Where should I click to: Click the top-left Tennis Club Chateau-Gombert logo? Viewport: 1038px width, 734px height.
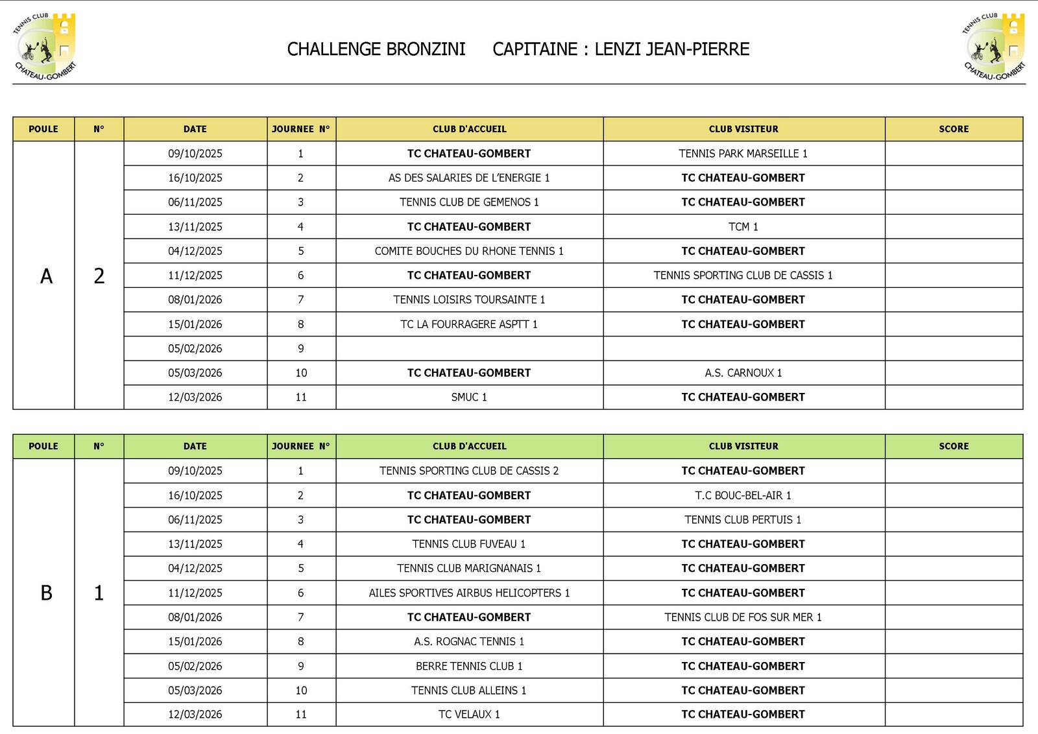pyautogui.click(x=44, y=47)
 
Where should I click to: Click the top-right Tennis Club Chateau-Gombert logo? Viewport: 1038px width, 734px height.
pyautogui.click(x=993, y=47)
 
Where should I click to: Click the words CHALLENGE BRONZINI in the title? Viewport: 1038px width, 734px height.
pyautogui.click(x=376, y=49)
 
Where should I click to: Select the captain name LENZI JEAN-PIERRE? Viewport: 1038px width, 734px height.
pyautogui.click(x=671, y=49)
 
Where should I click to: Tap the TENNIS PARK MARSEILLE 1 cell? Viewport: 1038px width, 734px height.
pyautogui.click(x=743, y=154)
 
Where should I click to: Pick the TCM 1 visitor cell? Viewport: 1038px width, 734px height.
pyautogui.click(x=743, y=227)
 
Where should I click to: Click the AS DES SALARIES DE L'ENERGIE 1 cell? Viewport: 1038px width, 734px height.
pyautogui.click(x=469, y=178)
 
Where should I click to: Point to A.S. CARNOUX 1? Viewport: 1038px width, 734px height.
pyautogui.click(x=743, y=373)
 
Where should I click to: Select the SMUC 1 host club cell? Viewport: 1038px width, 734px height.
pyautogui.click(x=469, y=397)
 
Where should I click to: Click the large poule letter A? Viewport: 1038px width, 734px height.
pyautogui.click(x=46, y=276)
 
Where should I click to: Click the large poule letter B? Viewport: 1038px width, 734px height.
pyautogui.click(x=46, y=593)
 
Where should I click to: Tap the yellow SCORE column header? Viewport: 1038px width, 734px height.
pyautogui.click(x=953, y=129)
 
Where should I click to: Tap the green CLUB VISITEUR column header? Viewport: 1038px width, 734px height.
pyautogui.click(x=743, y=446)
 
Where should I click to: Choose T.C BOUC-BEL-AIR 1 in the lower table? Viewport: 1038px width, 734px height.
pyautogui.click(x=743, y=495)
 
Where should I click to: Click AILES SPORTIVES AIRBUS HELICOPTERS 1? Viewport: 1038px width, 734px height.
pyautogui.click(x=469, y=593)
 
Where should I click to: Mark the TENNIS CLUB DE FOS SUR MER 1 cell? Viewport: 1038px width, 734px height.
pyautogui.click(x=743, y=617)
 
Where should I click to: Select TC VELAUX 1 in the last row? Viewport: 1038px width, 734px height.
pyautogui.click(x=469, y=714)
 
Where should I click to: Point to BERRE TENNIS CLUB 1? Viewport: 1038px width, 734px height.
pyautogui.click(x=469, y=666)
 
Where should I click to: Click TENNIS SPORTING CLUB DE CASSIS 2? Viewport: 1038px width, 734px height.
pyautogui.click(x=469, y=471)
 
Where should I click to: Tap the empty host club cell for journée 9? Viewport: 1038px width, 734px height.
pyautogui.click(x=469, y=348)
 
